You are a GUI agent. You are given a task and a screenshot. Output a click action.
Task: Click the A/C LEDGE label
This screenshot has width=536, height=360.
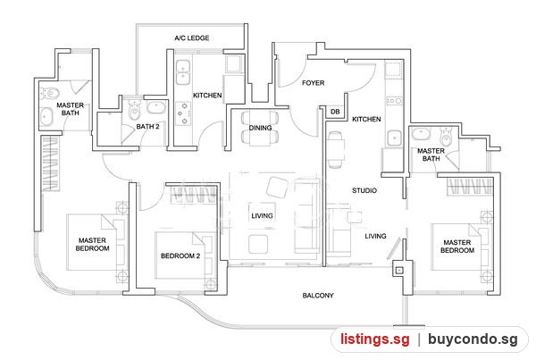pyautogui.click(x=192, y=38)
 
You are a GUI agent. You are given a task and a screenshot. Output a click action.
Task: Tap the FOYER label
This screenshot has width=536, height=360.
pyautogui.click(x=314, y=83)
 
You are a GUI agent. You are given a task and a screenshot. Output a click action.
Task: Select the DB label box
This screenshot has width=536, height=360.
pyautogui.click(x=335, y=112)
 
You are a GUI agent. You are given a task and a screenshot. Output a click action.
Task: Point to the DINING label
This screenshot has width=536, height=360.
pyautogui.click(x=261, y=128)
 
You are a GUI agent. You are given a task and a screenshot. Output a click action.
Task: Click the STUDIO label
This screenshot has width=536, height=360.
pyautogui.click(x=364, y=190)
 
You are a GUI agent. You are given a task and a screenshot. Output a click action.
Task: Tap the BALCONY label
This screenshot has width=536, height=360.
pyautogui.click(x=318, y=296)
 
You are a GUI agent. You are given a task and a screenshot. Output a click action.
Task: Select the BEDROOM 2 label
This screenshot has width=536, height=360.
pyautogui.click(x=180, y=255)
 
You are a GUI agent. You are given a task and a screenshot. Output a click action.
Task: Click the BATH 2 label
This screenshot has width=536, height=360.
pyautogui.click(x=147, y=127)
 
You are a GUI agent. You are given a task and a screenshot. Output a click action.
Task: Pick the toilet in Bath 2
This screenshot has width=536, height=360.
pyautogui.click(x=134, y=109)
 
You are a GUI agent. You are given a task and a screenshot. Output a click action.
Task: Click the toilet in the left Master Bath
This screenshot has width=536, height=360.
pyautogui.click(x=50, y=92)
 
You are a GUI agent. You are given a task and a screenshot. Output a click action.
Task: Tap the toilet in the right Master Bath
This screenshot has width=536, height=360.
pyautogui.click(x=446, y=136)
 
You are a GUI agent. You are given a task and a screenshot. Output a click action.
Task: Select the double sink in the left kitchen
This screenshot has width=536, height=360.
pyautogui.click(x=183, y=72)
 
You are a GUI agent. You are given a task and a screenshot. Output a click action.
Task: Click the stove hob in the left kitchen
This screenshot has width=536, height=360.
pyautogui.click(x=183, y=113)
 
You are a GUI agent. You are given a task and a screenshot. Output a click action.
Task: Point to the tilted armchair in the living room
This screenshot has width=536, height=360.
pyautogui.click(x=277, y=188)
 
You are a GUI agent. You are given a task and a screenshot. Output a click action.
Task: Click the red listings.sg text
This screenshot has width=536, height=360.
pyautogui.click(x=375, y=339)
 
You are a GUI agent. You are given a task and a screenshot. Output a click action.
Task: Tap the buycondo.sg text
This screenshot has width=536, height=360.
pyautogui.click(x=473, y=339)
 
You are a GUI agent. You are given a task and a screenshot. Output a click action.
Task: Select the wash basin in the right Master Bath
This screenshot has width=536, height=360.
pyautogui.click(x=421, y=134)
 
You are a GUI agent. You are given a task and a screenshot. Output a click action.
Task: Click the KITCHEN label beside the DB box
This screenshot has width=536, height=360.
pyautogui.click(x=366, y=120)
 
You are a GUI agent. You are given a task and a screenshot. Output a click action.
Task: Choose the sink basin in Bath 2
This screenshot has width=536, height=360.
pyautogui.click(x=156, y=107)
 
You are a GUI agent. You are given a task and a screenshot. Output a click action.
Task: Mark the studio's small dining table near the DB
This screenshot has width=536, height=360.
pyautogui.click(x=335, y=149)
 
